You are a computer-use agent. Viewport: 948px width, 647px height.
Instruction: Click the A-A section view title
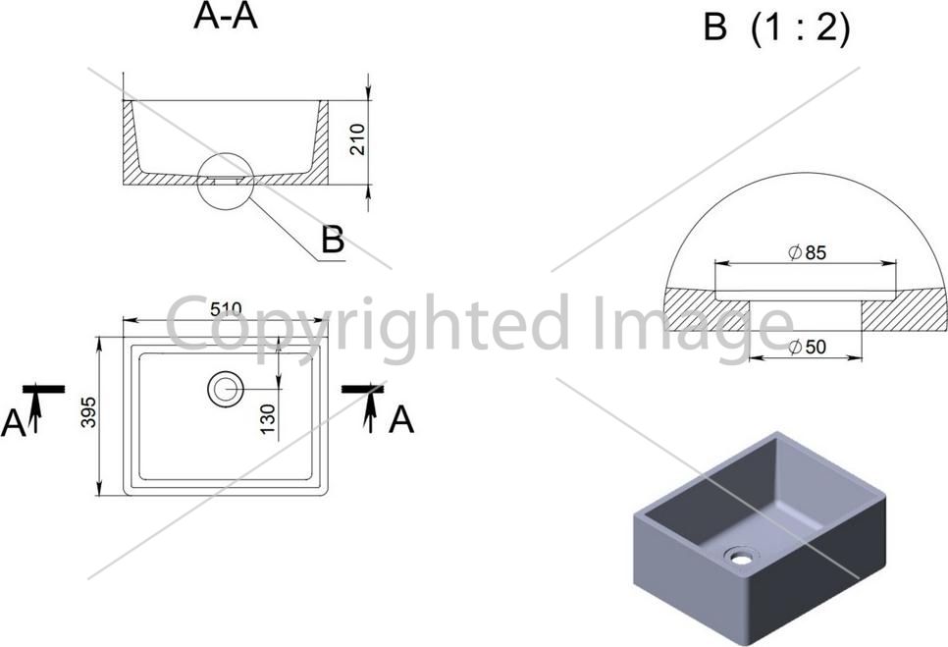(226, 17)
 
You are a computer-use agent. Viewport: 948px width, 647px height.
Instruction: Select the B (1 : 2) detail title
(776, 27)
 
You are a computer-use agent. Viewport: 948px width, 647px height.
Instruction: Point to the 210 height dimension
(357, 139)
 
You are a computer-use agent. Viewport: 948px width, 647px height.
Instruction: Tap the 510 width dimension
(226, 309)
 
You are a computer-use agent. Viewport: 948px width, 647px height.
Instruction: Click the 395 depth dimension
(88, 412)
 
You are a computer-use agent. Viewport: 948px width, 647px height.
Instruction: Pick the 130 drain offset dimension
(267, 419)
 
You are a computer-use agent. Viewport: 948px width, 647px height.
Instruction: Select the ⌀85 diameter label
(807, 252)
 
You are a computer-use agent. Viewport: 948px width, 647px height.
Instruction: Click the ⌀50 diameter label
(807, 348)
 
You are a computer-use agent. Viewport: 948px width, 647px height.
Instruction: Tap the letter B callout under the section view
(333, 240)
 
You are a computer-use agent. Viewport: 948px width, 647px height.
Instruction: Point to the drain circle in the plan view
(226, 389)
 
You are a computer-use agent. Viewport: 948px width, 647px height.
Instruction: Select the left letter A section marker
(14, 422)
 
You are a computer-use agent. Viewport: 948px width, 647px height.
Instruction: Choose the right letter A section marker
(400, 420)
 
